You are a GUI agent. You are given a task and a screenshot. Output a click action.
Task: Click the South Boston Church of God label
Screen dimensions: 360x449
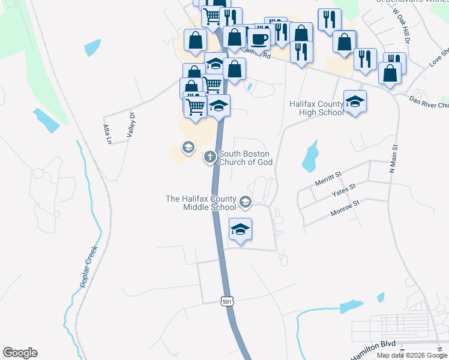246,158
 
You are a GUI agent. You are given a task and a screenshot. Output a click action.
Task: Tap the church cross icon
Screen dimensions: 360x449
209,157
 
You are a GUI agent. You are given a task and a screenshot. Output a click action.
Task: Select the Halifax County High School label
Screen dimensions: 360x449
316,108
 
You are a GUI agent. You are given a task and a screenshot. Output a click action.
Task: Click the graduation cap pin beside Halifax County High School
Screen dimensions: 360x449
355,101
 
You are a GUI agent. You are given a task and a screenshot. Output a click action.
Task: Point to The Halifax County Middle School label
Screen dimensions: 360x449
201,203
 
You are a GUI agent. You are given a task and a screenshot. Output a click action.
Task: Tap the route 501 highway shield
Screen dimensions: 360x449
226,301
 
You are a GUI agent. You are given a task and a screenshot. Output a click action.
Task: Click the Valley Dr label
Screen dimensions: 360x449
130,127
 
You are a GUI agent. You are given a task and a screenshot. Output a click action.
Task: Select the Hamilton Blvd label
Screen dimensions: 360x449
373,349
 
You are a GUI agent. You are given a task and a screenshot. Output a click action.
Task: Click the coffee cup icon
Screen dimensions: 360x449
259,39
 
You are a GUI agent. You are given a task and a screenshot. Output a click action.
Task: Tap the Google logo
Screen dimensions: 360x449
20,353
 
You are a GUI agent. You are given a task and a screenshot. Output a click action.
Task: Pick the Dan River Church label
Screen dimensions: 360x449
428,102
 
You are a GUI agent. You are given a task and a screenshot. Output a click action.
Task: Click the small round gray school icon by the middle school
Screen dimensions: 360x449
245,202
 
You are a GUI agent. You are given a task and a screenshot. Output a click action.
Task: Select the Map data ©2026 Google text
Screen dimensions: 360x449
412,355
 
